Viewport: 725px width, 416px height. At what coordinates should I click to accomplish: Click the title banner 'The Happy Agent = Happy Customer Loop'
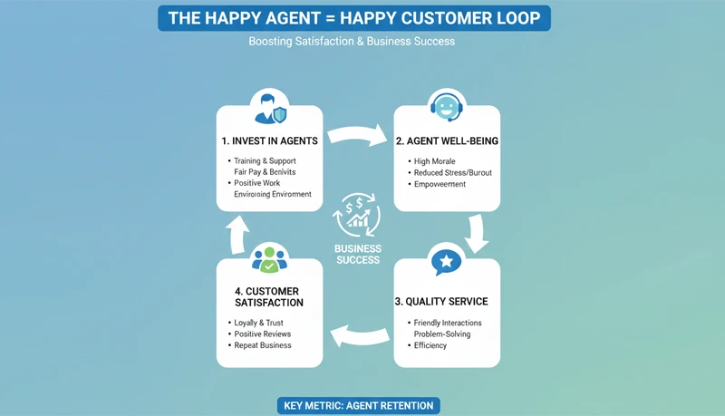(x=354, y=17)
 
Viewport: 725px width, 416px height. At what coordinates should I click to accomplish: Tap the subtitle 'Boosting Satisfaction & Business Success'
(x=352, y=42)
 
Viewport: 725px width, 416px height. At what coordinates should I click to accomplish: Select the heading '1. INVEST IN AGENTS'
(x=269, y=141)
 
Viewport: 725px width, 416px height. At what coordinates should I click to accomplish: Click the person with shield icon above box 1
(x=270, y=108)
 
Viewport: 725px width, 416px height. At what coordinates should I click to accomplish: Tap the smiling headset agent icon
(x=446, y=107)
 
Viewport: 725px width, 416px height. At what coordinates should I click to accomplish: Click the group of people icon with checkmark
(x=269, y=258)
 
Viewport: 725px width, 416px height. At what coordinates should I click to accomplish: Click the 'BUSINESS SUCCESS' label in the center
(x=358, y=254)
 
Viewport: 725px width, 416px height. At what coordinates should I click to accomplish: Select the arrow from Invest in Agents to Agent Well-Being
(x=357, y=136)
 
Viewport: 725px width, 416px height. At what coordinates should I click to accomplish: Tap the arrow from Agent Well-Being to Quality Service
(x=477, y=233)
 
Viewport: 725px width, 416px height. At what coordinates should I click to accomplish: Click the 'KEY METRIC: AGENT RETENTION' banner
(x=357, y=405)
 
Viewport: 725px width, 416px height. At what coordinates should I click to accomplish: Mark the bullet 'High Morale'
(x=434, y=161)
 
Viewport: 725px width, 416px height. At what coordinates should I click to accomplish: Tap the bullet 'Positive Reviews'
(x=262, y=334)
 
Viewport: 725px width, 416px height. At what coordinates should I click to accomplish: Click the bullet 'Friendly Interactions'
(x=448, y=323)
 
